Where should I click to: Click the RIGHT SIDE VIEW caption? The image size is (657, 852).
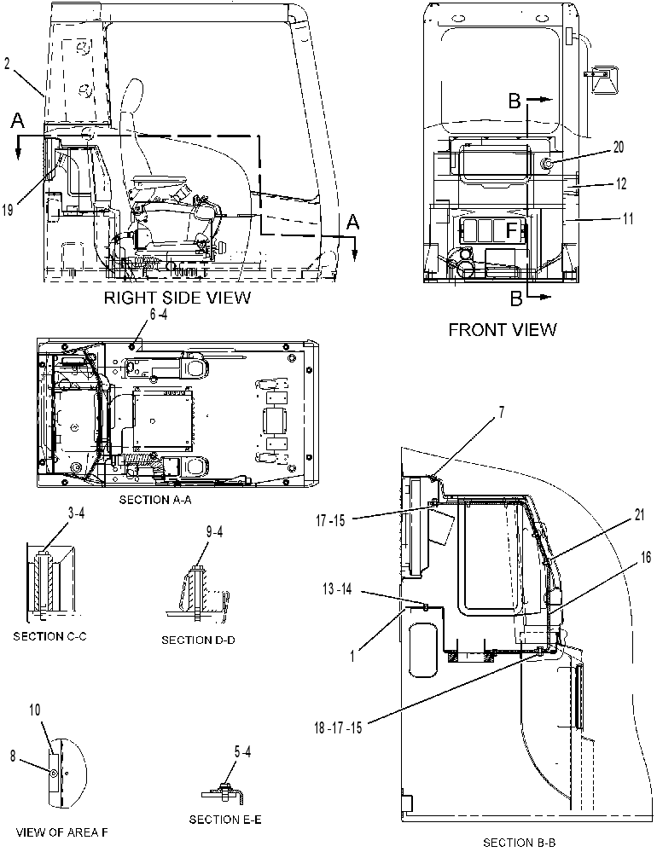[x=177, y=298]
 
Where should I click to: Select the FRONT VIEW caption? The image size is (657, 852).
[x=503, y=329]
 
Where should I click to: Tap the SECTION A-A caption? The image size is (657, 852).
[x=155, y=500]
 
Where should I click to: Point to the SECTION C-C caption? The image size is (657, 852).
[x=49, y=635]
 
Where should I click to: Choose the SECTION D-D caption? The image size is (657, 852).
[x=198, y=640]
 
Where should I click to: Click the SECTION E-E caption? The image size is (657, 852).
[x=225, y=819]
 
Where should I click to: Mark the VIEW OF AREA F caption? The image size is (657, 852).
[x=62, y=832]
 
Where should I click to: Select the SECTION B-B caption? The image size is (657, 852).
[x=520, y=843]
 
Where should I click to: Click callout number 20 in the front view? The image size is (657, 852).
[x=619, y=148]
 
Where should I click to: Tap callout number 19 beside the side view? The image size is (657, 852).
[x=7, y=209]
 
